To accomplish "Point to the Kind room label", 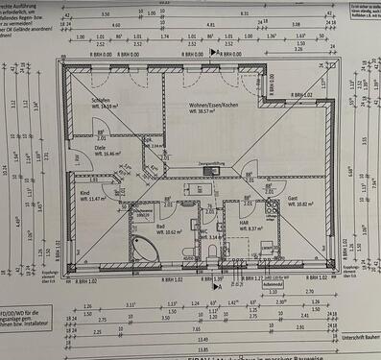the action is coord(84,192).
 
